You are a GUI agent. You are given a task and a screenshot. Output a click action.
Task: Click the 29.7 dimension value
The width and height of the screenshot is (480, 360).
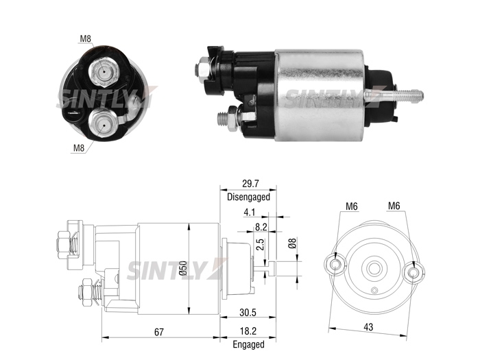click(x=250, y=183)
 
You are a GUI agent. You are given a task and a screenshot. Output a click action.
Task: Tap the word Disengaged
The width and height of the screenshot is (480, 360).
click(x=248, y=197)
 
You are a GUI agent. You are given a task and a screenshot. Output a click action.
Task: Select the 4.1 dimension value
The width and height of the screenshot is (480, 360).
click(x=249, y=212)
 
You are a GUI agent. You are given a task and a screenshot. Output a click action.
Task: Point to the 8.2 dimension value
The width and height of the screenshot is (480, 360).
click(x=261, y=227)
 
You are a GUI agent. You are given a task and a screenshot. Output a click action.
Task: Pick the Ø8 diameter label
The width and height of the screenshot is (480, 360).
click(x=292, y=243)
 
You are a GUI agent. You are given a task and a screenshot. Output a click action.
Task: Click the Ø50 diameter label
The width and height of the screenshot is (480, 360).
click(x=183, y=269)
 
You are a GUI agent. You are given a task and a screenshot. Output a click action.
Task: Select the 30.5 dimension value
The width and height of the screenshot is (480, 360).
click(x=248, y=313)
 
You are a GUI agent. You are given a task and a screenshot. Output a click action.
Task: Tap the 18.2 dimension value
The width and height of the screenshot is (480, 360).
click(x=248, y=331)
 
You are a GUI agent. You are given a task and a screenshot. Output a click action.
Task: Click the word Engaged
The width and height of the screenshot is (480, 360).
click(x=248, y=344)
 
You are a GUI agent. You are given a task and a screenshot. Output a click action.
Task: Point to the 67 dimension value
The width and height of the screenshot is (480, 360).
click(x=159, y=332)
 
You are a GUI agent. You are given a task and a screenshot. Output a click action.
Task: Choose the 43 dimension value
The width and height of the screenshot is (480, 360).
click(x=368, y=327)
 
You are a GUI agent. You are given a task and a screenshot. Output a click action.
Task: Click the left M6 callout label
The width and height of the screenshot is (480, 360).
click(x=351, y=206)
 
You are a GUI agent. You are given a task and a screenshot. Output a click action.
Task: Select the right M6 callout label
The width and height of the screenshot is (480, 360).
click(x=394, y=206)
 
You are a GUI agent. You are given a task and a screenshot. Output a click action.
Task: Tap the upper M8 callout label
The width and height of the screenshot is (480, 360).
click(x=86, y=38)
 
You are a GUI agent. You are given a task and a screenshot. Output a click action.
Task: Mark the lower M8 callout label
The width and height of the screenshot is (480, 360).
click(x=79, y=148)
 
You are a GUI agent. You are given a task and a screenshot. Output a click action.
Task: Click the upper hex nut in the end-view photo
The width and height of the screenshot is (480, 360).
click(x=103, y=72)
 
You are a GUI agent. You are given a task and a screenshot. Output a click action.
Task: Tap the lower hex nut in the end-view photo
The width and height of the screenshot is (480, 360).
click(x=103, y=125)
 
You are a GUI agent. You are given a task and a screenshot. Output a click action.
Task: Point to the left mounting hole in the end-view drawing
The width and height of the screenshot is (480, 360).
click(x=335, y=264)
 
